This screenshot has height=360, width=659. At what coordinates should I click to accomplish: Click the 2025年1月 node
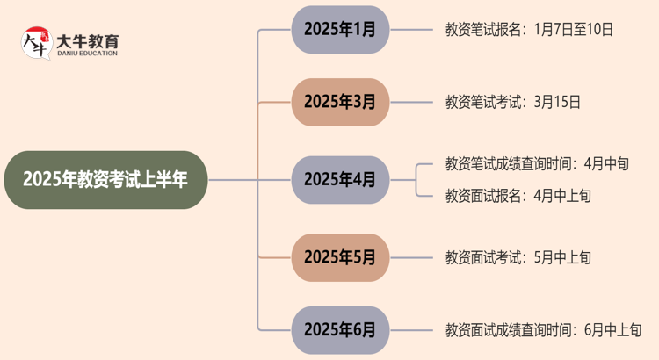pyautogui.click(x=340, y=29)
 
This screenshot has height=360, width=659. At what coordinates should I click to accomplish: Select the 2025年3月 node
pyautogui.click(x=340, y=102)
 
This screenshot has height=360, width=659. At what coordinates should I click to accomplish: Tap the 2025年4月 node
pyautogui.click(x=340, y=179)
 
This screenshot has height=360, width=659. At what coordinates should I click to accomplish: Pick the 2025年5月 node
pyautogui.click(x=340, y=257)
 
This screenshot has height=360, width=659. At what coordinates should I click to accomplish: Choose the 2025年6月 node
pyautogui.click(x=340, y=330)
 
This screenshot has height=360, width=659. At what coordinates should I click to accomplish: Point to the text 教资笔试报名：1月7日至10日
pyautogui.click(x=529, y=29)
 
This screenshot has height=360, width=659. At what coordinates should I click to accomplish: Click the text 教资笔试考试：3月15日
pyautogui.click(x=513, y=102)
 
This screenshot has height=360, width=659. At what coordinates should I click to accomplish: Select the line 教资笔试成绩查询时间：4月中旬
pyautogui.click(x=537, y=163)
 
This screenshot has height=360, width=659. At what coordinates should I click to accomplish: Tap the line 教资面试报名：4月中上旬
pyautogui.click(x=518, y=196)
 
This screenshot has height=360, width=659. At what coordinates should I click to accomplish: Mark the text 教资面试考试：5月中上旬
pyautogui.click(x=518, y=257)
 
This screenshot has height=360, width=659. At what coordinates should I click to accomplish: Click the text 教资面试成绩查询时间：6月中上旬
pyautogui.click(x=543, y=330)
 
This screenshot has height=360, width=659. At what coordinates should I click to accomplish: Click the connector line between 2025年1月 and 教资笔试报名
pyautogui.click(x=410, y=29)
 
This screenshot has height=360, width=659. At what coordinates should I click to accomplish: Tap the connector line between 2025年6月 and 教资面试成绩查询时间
pyautogui.click(x=410, y=330)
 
